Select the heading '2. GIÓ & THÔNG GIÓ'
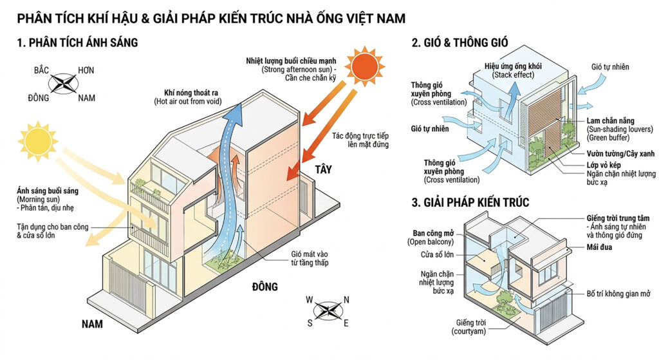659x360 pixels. tap(460, 43)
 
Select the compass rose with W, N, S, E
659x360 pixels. tap(329, 310)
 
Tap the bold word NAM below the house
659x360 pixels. tap(92, 324)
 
